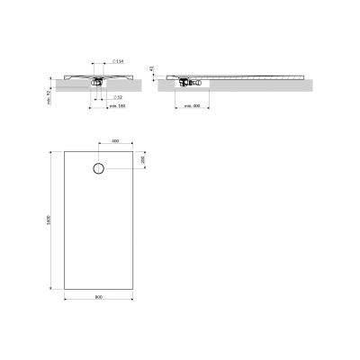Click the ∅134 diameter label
point(119,61)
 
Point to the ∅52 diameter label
point(118,96)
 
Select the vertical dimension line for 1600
point(56,220)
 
